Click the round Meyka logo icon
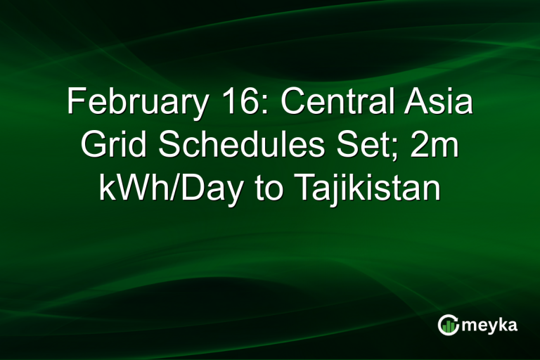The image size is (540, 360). [x=448, y=324]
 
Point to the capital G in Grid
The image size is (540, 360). [x=94, y=146]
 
